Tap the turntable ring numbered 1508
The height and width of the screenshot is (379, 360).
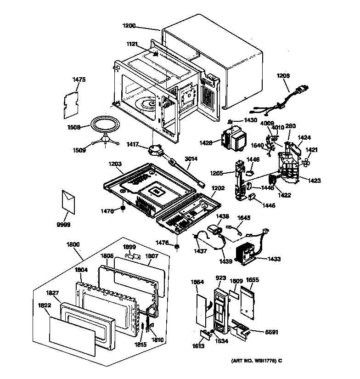point(106,124)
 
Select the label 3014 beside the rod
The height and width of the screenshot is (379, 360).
point(191,159)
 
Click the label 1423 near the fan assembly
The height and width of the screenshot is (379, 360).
point(315,181)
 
